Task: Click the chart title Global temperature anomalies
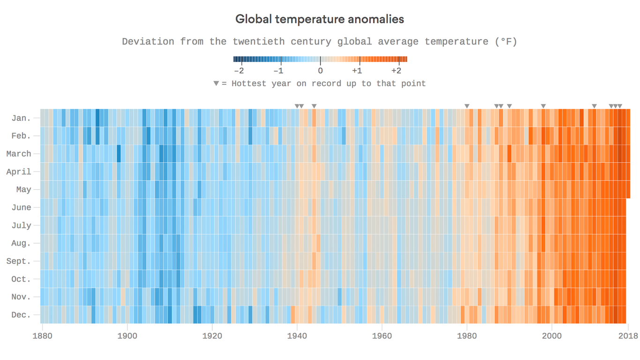[x=320, y=19]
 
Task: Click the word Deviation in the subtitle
[x=148, y=42]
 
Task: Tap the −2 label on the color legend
[x=239, y=71]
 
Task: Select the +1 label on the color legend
[x=357, y=71]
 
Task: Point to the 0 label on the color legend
[x=320, y=71]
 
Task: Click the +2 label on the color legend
[x=396, y=71]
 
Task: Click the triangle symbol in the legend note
[x=216, y=83]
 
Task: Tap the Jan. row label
[x=21, y=118]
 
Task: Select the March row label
[x=19, y=154]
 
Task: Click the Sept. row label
[x=19, y=261]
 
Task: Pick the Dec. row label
[x=21, y=315]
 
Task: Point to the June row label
[x=21, y=208]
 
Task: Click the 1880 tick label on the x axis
[x=42, y=336]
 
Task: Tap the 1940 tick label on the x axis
[x=297, y=336]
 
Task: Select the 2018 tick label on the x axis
[x=628, y=336]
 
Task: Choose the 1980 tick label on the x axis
[x=467, y=336]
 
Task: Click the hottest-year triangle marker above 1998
[x=543, y=106]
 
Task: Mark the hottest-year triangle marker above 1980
[x=467, y=106]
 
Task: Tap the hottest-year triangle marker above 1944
[x=314, y=106]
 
